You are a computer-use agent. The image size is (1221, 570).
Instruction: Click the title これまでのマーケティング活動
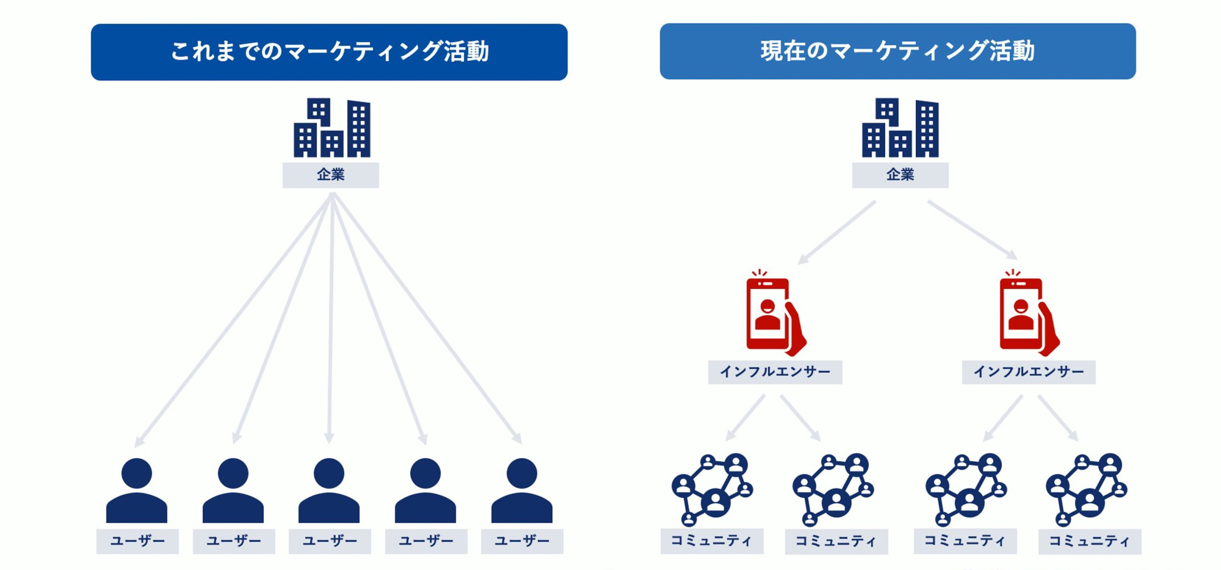329,52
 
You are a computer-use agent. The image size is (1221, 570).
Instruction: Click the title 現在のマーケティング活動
898,51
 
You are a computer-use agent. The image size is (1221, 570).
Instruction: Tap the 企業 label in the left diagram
331,175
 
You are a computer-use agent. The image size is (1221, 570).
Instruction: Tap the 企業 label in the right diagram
900,175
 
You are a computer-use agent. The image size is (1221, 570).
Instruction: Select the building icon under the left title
332,128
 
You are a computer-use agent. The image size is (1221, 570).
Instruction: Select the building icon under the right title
900,128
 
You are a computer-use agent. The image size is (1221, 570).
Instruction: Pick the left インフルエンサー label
775,372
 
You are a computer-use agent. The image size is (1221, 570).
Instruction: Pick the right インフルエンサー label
1028,372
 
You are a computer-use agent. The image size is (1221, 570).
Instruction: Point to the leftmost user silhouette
137,491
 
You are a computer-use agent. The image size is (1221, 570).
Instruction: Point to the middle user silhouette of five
329,491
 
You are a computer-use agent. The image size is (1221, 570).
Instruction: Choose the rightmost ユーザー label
522,541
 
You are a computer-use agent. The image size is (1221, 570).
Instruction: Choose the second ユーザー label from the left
234,541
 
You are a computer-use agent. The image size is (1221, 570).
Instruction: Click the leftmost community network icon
711,489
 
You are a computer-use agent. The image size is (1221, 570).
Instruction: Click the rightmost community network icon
1086,489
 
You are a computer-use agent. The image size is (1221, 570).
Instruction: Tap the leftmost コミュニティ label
712,541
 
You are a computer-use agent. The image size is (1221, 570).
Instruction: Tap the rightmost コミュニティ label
1089,541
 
